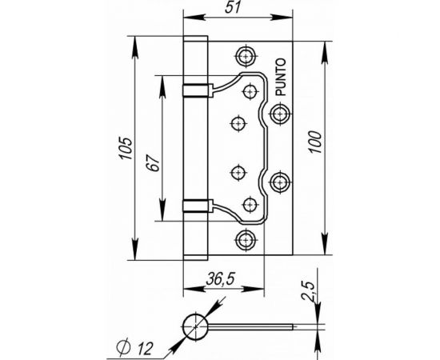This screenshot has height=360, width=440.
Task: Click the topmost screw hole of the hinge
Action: pos(246,56)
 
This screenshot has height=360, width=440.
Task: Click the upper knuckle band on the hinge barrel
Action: pos(197,84)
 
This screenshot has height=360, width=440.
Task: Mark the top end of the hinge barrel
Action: pos(197,35)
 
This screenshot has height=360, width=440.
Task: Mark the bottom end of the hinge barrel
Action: pos(197,257)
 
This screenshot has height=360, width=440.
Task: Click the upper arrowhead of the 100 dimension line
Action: pos(324,46)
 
